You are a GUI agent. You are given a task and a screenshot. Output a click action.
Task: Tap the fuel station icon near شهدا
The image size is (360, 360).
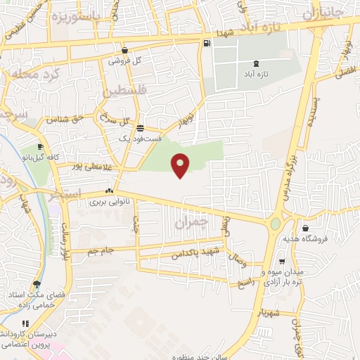[x=206, y=44]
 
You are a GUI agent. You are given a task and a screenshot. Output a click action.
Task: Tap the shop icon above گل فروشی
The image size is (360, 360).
[x=124, y=50]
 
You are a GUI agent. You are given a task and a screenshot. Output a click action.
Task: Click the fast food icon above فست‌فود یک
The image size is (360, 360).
[x=141, y=129]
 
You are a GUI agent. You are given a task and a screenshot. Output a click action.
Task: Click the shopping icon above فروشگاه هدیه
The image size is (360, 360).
[x=305, y=228]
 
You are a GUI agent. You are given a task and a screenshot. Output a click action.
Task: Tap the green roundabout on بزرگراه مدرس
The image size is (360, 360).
[x=275, y=224]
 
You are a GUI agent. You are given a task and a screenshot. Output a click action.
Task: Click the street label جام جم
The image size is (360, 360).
[x=103, y=250]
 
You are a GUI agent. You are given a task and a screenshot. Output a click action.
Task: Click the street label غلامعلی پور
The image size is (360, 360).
[x=92, y=167]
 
